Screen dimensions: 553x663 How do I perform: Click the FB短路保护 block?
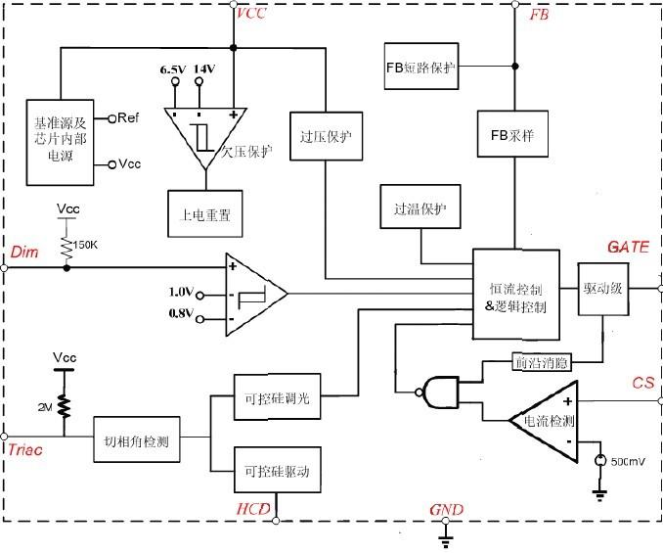420,69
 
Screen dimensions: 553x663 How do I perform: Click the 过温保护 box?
420,207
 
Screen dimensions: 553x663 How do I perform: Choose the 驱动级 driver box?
604,291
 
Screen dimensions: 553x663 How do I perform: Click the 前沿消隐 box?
540,362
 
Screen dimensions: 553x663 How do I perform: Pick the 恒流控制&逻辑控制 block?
516,295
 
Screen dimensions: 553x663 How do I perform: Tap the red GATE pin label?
627,247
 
